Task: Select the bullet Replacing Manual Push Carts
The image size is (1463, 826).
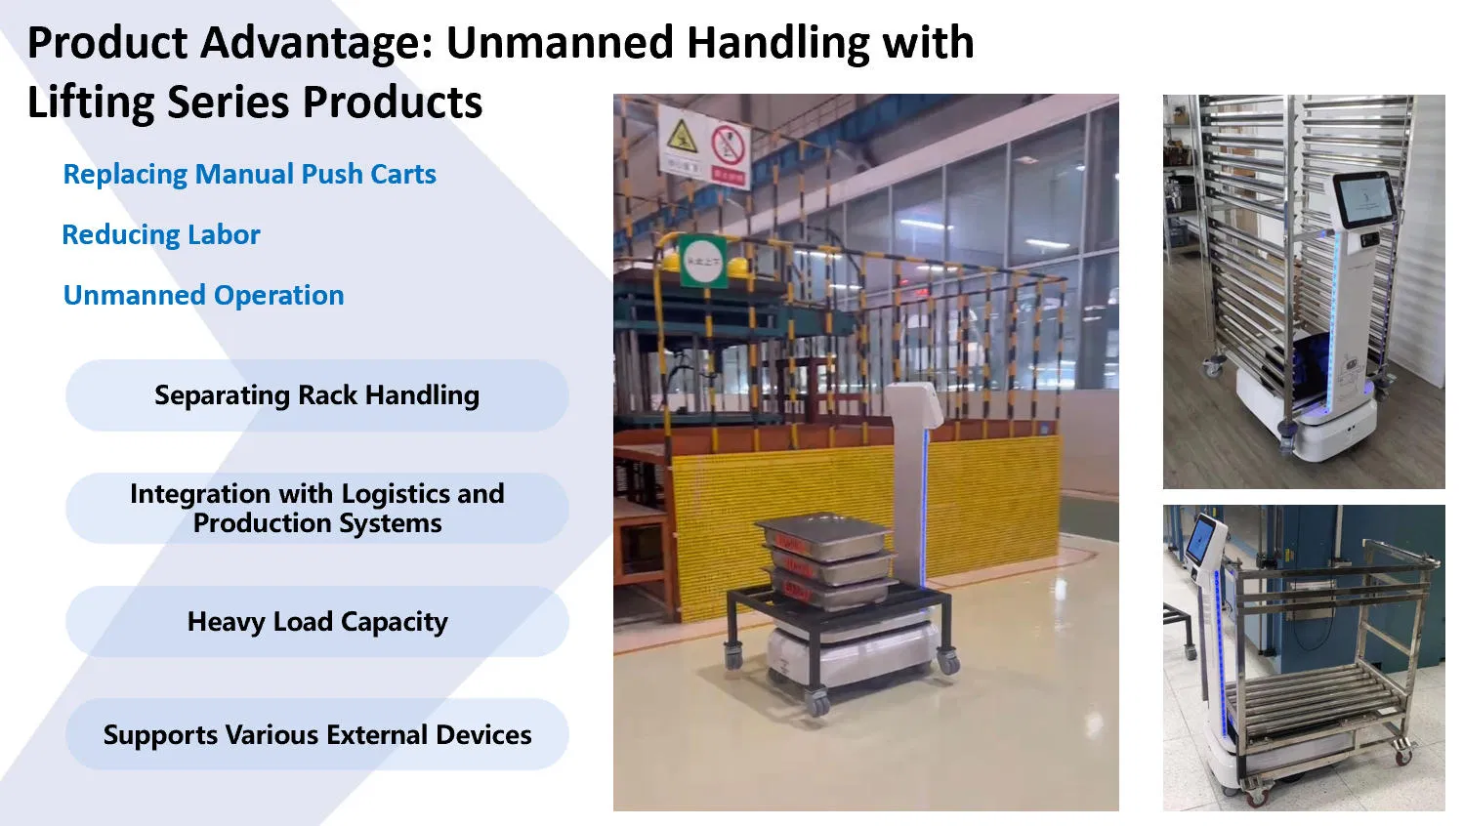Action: coord(249,175)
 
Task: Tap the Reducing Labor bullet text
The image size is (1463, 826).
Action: coord(161,235)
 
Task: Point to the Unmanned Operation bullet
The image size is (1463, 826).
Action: coord(203,296)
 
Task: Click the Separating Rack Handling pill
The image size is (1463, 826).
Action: coord(316,395)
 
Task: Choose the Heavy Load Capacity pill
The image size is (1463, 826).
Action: coord(316,622)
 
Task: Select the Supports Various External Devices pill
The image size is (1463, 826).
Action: coord(316,735)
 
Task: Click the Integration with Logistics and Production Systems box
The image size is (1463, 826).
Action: coord(316,509)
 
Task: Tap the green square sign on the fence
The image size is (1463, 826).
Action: coord(702,261)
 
